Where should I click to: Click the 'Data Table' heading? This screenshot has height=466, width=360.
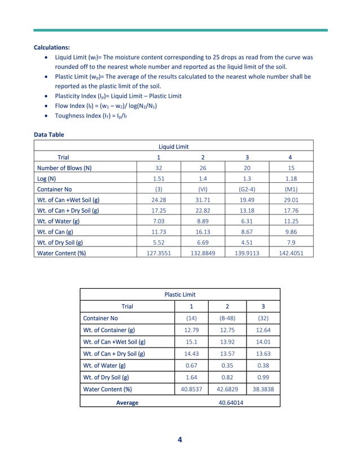coord(49,135)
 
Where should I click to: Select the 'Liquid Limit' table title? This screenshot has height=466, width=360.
coord(173,147)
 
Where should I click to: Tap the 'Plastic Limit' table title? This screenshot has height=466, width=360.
coord(179,294)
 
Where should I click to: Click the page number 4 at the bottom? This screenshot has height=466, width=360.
coord(179,441)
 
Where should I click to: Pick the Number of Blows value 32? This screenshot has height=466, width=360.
coord(159,168)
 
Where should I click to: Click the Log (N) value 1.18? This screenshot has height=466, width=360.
coord(292,178)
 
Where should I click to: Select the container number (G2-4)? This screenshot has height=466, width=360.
coord(247,189)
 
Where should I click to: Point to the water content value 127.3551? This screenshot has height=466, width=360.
coord(159,253)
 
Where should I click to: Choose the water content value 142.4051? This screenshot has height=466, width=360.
coord(292,253)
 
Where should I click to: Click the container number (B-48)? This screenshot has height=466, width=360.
coord(227,318)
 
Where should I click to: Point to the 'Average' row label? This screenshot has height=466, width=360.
coord(127,402)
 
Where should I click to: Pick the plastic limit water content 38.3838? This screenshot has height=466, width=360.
coord(262,389)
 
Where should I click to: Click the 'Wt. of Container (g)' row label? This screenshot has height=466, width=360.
coord(109,330)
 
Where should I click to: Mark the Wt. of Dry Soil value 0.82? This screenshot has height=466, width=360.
coord(227,377)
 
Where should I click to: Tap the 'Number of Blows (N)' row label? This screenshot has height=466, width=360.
coord(64,168)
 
